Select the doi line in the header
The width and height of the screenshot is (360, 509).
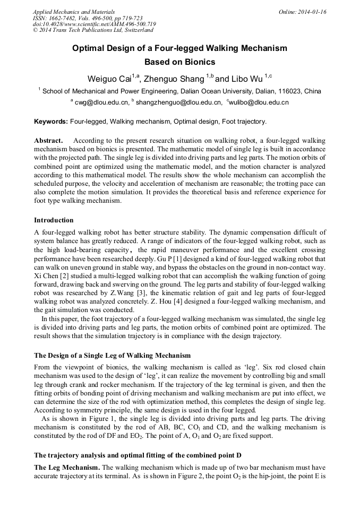click(95, 24)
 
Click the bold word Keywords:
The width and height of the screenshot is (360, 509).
click(51, 122)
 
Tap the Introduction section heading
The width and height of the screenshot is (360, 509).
click(54, 220)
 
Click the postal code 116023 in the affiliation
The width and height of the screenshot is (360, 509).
click(291, 91)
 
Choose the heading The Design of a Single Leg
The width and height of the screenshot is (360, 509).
click(112, 355)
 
